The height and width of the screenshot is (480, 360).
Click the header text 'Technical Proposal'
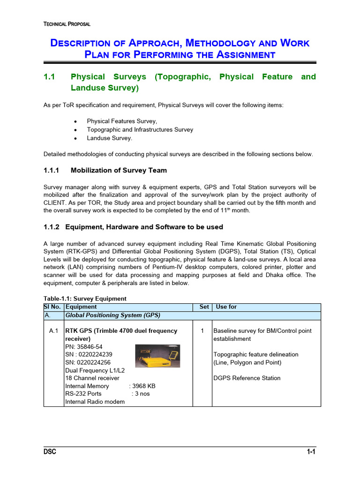(67, 24)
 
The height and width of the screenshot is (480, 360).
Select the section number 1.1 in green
(49, 76)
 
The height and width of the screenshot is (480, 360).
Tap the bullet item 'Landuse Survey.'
(110, 138)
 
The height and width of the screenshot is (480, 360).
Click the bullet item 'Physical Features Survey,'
(122, 121)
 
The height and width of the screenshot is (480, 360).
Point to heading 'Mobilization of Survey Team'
(119, 170)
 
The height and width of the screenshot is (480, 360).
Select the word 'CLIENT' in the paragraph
(55, 202)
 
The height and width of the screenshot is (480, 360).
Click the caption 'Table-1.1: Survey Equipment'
(85, 299)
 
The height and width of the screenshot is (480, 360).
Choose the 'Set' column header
(204, 307)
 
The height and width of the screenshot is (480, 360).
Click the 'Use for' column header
(226, 307)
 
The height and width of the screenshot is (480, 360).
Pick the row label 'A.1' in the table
(53, 331)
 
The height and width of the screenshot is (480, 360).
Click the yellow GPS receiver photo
(157, 356)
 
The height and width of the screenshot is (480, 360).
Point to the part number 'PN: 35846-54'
(84, 346)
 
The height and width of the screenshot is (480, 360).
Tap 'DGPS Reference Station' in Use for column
(247, 378)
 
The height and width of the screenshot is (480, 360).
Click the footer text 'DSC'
(50, 452)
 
